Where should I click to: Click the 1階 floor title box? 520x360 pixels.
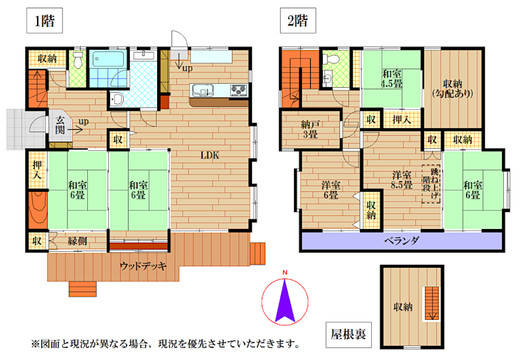pos(44,20)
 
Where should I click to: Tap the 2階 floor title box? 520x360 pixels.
pos(298,20)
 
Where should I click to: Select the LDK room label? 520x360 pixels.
pos(210,155)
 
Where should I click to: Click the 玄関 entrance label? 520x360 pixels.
pos(60,125)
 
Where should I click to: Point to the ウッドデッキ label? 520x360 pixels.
pos(143,266)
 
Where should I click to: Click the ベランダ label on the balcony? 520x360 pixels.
pos(402,240)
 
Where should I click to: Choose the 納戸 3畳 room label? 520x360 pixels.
pos(310,129)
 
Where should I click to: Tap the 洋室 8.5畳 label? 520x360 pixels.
pos(402,179)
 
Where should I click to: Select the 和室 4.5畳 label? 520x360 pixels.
pos(391,78)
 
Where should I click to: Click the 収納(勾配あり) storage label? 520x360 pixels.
pos(452,89)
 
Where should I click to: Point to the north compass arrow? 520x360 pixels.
pos(285,301)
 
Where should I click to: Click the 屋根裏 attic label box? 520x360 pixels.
pos(348,335)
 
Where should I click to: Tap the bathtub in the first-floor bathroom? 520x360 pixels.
pos(108,59)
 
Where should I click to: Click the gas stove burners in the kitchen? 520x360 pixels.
pos(238,90)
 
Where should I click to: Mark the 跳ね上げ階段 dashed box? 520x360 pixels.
pos(431,184)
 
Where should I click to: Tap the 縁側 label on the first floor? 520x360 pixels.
pos(77,240)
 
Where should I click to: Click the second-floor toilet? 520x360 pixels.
pos(331,59)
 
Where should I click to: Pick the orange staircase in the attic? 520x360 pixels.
pos(432,303)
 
